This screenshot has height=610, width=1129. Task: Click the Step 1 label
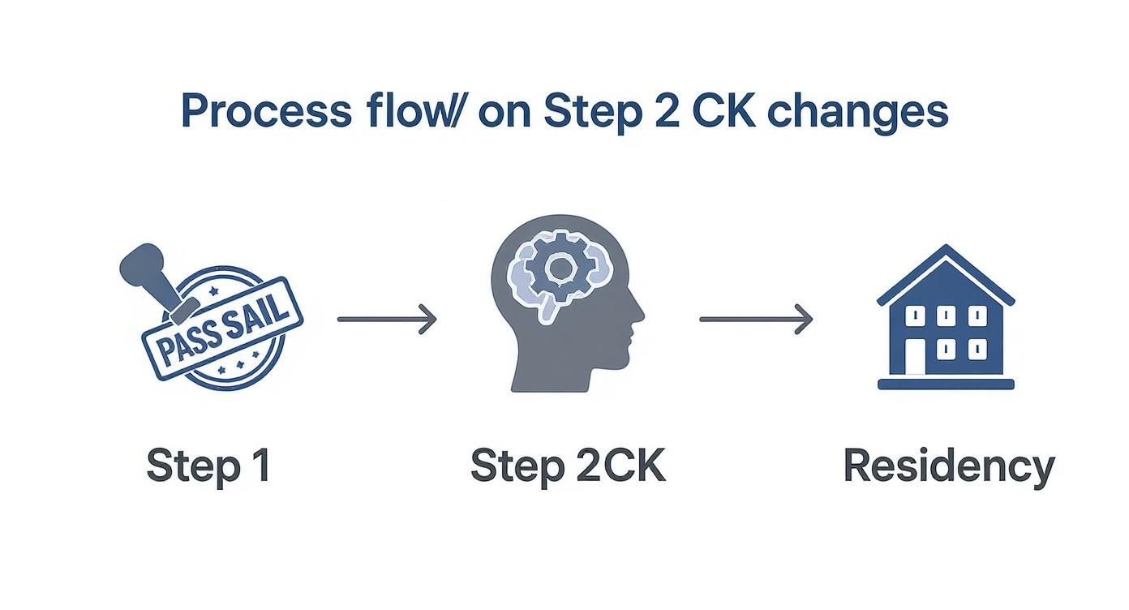pyautogui.click(x=208, y=466)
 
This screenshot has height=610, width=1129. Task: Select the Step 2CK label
pyautogui.click(x=568, y=466)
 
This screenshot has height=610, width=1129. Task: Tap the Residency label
pyautogui.click(x=948, y=466)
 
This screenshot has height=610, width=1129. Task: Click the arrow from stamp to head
pyautogui.click(x=387, y=319)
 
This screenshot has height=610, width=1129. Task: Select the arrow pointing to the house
pyautogui.click(x=756, y=319)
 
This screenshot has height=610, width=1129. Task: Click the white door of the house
pyautogui.click(x=915, y=356)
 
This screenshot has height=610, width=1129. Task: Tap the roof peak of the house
pyautogui.click(x=945, y=250)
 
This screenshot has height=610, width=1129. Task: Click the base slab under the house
pyautogui.click(x=946, y=384)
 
